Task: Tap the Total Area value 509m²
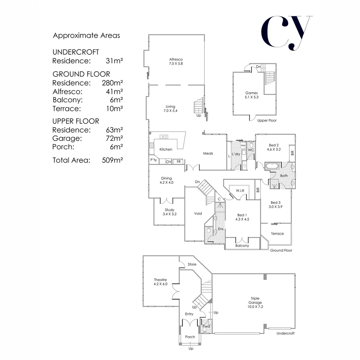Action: [112, 160]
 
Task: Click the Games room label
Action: [252, 95]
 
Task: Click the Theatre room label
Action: [160, 282]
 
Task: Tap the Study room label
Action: [169, 212]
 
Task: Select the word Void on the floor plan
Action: [198, 214]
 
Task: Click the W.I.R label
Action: [240, 191]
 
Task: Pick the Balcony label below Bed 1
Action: [242, 246]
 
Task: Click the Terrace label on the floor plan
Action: [277, 234]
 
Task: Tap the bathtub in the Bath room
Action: [273, 166]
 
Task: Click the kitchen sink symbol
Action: [164, 136]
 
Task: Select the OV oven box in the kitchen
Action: [169, 162]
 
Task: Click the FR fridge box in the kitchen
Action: [179, 162]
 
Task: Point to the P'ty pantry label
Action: [154, 160]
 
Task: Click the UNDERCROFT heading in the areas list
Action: [76, 52]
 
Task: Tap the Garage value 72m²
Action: [112, 138]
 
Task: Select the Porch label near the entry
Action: [190, 337]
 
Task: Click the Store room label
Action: [192, 264]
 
